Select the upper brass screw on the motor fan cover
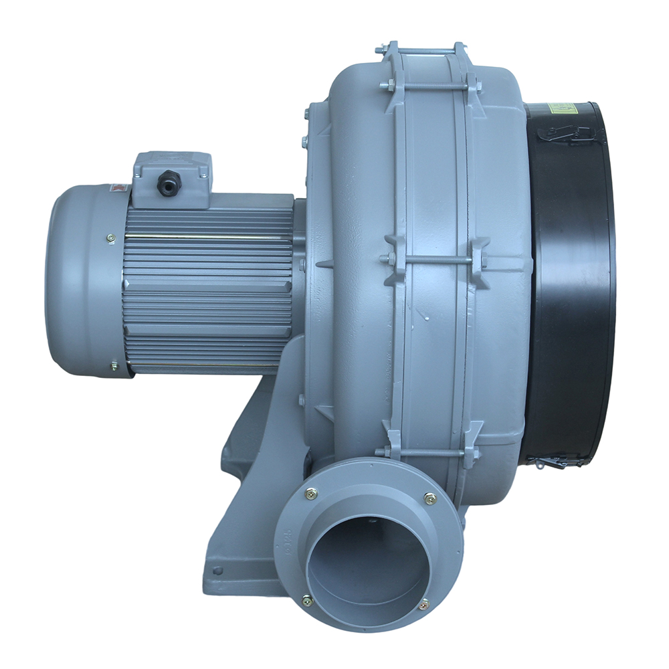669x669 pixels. click(x=110, y=237)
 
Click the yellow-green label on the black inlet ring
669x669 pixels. click(x=562, y=108)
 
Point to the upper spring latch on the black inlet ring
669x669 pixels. click(x=565, y=133)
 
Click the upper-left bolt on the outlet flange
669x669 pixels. click(x=311, y=495)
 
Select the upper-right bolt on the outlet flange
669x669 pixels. click(x=429, y=498)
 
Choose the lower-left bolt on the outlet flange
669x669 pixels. click(x=308, y=600)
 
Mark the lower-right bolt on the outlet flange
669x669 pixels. click(x=423, y=605)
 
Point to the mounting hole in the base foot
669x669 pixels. click(x=218, y=571)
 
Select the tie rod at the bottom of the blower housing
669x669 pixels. click(x=428, y=453)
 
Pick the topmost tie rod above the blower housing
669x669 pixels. click(x=421, y=50)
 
